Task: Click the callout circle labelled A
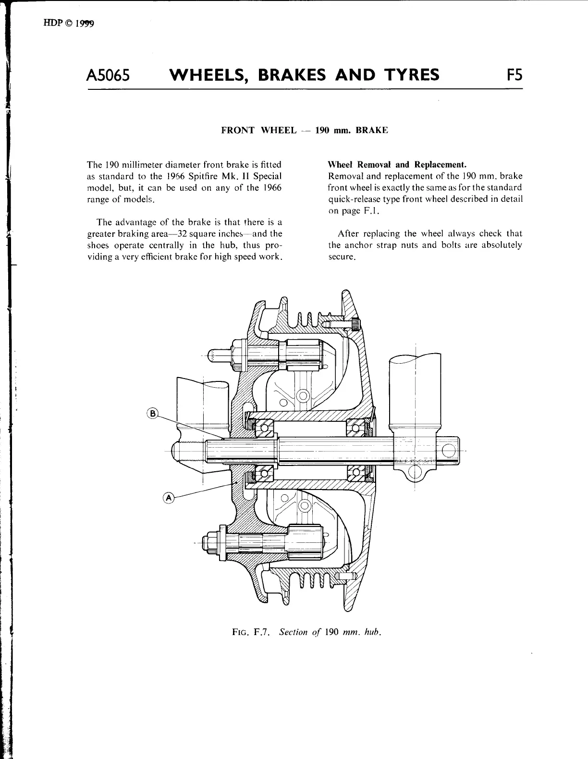169,498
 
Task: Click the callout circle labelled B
152,413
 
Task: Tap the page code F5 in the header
513,75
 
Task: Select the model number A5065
108,75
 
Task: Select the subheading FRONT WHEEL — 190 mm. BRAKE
304,130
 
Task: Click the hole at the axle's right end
448,451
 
